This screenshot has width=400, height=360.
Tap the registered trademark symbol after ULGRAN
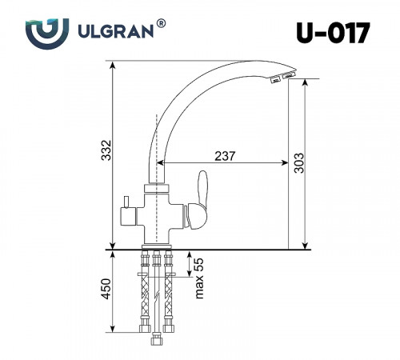click(162, 25)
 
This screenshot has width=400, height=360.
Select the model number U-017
click(332, 34)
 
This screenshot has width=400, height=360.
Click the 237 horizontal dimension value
click(226, 156)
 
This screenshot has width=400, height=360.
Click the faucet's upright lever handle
click(202, 191)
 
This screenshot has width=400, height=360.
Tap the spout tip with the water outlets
click(280, 77)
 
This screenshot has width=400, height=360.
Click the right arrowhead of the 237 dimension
click(284, 164)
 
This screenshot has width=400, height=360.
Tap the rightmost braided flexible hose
click(169, 292)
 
